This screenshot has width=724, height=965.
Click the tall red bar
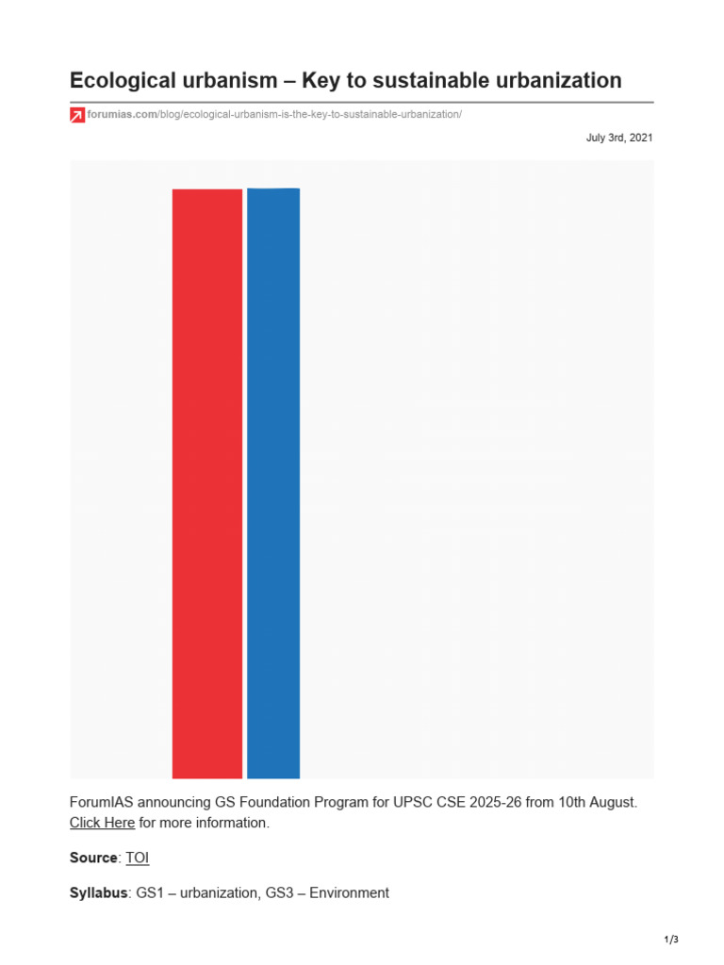[x=206, y=483]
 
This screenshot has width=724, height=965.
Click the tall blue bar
[x=273, y=483]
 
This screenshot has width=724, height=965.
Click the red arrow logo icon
[x=77, y=115]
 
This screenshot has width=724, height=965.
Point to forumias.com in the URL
[x=122, y=114]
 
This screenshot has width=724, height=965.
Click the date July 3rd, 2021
[x=618, y=138]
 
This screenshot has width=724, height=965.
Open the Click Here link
[x=102, y=823]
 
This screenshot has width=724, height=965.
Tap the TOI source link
[x=138, y=858]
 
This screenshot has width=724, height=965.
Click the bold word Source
[x=93, y=858]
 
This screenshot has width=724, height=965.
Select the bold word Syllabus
[x=98, y=893]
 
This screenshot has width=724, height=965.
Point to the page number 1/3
[x=671, y=940]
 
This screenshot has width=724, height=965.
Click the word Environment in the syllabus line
[x=349, y=893]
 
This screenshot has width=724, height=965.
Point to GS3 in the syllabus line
[x=279, y=893]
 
